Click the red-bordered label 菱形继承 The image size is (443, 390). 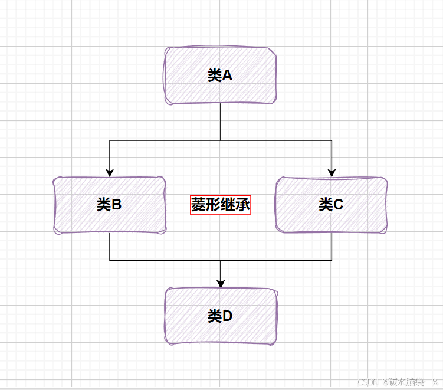point(221,205)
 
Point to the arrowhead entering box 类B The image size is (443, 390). point(110,172)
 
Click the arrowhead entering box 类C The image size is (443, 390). point(332,172)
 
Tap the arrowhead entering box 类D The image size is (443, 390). point(221,283)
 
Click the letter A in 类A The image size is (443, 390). point(227,76)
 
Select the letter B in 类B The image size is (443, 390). point(117,205)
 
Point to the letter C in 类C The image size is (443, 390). point(339,205)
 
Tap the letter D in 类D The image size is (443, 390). point(228,316)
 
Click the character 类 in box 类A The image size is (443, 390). point(214,76)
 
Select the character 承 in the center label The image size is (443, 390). point(243,205)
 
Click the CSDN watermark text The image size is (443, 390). point(368,382)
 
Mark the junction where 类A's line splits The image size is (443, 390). point(221,140)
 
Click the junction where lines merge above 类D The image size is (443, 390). point(221,260)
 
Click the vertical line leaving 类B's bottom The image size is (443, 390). point(110,247)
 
